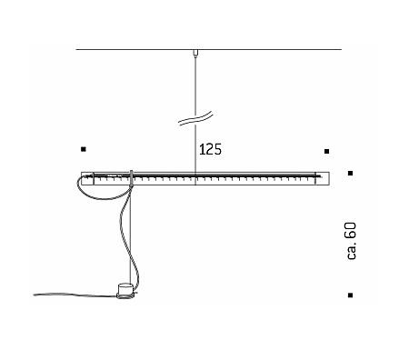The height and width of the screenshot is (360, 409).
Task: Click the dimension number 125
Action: click(210, 149)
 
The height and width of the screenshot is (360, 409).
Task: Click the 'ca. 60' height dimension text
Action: click(352, 241)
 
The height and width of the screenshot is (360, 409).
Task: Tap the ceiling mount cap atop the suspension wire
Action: click(195, 53)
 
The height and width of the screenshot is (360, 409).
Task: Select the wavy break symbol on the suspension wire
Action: click(195, 118)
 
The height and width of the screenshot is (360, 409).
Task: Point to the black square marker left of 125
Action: click(84, 149)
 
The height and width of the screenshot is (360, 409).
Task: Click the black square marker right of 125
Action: click(326, 151)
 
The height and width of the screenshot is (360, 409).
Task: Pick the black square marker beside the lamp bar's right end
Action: click(350, 174)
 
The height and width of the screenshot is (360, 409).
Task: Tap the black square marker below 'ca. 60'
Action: click(350, 295)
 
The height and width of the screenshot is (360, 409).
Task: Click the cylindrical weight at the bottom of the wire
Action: click(125, 291)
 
